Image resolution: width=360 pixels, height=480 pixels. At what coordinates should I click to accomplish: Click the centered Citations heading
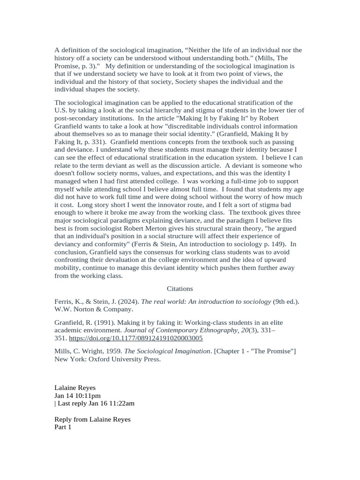point(180,289)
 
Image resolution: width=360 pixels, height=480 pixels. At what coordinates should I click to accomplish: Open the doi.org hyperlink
point(136,337)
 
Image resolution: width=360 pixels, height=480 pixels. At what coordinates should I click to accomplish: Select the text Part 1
point(63,427)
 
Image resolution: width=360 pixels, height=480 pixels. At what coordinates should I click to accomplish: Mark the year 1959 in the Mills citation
point(113,352)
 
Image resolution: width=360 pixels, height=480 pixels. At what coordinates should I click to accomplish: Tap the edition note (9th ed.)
point(286,301)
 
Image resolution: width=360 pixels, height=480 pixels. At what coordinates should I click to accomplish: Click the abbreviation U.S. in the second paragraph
point(62,110)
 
